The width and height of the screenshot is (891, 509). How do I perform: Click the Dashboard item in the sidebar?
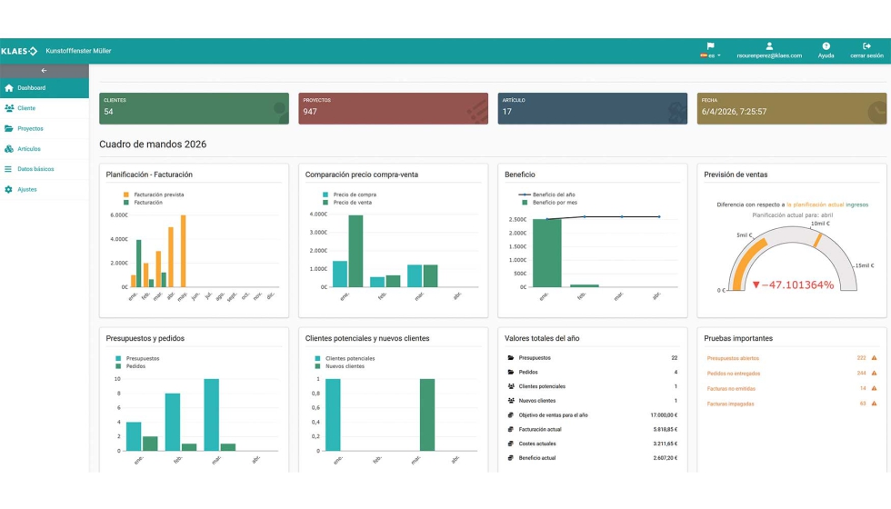pos(31,88)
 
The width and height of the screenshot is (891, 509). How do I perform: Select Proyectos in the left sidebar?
pos(30,128)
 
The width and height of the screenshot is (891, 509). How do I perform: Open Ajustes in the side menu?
pos(26,189)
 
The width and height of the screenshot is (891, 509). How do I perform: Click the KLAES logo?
pos(19,51)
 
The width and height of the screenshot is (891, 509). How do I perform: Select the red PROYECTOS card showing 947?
pos(395,108)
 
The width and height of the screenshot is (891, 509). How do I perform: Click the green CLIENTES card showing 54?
pos(194,108)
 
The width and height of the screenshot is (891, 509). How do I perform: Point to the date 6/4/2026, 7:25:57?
pos(734,112)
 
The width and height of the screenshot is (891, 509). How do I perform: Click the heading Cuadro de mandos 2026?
pos(152,144)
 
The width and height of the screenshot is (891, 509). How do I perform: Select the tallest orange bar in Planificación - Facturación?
pos(183,251)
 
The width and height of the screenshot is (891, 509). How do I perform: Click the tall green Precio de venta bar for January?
pos(355,251)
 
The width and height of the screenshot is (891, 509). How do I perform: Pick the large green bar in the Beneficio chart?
pos(546,253)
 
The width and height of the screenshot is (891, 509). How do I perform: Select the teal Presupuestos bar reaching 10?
pos(211,414)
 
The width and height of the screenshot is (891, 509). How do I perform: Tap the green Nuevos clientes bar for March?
pos(427,414)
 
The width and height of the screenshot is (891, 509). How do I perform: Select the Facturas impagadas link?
pos(730,404)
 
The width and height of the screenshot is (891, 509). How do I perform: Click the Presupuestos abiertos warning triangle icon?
pos(874,358)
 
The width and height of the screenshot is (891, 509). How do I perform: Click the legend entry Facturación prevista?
pos(158,195)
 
